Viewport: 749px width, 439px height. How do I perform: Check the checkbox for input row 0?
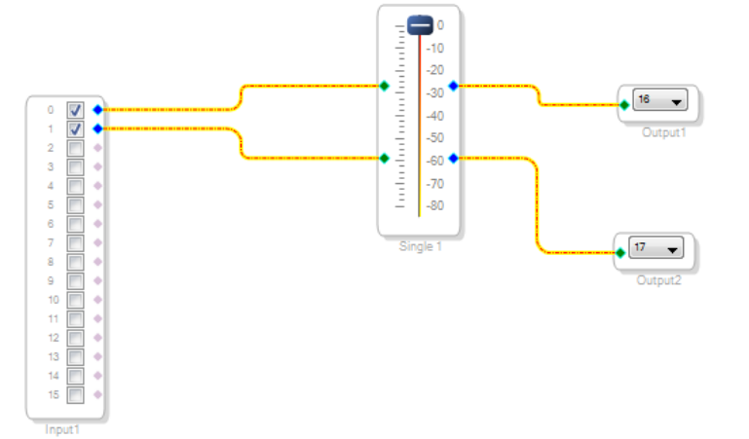tap(75, 110)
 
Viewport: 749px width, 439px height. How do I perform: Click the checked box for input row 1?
tap(75, 128)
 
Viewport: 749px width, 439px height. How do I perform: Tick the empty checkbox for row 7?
tap(75, 242)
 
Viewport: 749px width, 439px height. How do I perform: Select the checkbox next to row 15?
tap(75, 394)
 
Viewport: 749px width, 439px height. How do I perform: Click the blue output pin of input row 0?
tap(97, 110)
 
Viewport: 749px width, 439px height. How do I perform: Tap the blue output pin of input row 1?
tap(97, 128)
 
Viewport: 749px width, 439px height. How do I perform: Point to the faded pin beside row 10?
tap(97, 300)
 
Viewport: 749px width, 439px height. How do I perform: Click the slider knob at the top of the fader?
tap(420, 25)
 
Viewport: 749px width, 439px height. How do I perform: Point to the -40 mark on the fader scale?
tap(436, 115)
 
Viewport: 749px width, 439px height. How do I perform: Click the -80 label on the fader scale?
tap(436, 205)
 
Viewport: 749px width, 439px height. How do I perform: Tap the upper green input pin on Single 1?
tap(385, 86)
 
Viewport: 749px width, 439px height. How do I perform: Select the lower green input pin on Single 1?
tap(385, 158)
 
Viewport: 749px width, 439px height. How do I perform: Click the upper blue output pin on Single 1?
tap(453, 86)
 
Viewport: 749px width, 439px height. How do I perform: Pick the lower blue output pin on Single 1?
tap(453, 158)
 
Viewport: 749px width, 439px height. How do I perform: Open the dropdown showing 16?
tap(659, 99)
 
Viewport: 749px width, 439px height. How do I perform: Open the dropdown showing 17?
tap(656, 248)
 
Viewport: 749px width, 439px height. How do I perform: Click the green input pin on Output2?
tap(619, 253)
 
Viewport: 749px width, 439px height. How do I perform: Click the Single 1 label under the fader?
tap(420, 246)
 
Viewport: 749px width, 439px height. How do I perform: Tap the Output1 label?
tap(663, 131)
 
